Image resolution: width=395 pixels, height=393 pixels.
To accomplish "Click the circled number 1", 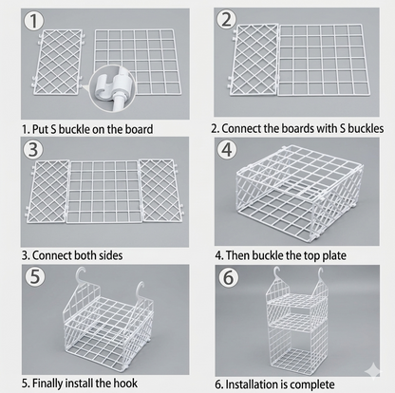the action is (33, 21).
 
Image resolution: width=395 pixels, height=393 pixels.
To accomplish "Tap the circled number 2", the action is (226, 19).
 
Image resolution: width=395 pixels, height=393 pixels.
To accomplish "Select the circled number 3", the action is (33, 149).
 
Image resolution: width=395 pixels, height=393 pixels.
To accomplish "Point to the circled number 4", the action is (227, 150).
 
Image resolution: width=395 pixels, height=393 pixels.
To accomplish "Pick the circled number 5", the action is (35, 276).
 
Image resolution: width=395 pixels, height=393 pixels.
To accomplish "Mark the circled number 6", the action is (228, 277).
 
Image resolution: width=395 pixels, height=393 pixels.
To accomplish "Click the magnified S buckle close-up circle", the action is (112, 88).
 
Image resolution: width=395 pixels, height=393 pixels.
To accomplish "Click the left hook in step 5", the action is (81, 275).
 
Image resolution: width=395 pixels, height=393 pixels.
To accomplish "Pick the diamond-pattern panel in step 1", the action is (58, 62).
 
